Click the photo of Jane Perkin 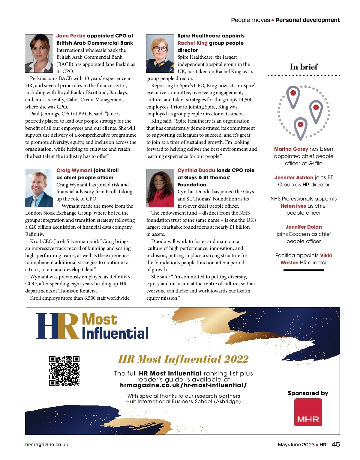[39, 53]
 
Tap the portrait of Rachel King [160, 53]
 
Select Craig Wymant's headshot [39, 188]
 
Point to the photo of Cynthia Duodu [160, 188]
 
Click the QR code [64, 371]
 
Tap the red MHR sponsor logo [308, 412]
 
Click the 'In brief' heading [304, 67]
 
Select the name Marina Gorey [291, 149]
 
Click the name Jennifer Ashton [294, 177]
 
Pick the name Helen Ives [293, 206]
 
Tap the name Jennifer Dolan [304, 227]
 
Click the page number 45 [336, 444]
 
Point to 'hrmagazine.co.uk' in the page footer [46, 445]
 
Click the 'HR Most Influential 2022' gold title [183, 359]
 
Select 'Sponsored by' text [308, 393]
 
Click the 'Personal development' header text [307, 20]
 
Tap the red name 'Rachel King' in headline [192, 43]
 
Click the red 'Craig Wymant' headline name [74, 170]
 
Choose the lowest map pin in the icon [301, 127]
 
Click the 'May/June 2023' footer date [296, 445]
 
